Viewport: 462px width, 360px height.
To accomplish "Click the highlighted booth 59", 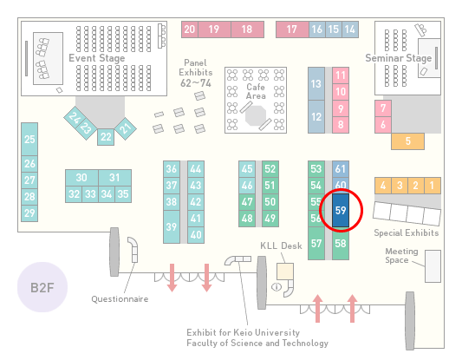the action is pos(341,210).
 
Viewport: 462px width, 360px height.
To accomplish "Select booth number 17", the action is pos(292,29).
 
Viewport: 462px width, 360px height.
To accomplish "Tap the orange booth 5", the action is pos(407,141).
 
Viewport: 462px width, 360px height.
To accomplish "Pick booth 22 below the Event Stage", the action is pos(106,137).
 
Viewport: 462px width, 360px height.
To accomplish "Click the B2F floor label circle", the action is pos(42,287).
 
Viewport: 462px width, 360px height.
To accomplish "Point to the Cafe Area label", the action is pos(256,91).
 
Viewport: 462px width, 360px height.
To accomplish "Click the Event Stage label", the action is pos(96,58).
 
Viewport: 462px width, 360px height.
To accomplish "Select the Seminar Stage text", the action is pos(399,58).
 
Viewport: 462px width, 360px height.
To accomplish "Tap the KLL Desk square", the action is pos(285,272).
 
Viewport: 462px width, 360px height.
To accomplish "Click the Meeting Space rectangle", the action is pos(433,266).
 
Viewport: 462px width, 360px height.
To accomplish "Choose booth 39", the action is pos(172,226).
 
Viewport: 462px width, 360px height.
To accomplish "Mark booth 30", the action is pos(81,178).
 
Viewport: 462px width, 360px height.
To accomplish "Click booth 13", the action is pos(316,84).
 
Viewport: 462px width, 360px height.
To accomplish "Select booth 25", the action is pos(29,139).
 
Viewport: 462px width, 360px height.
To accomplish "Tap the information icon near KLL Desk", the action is pos(277,286).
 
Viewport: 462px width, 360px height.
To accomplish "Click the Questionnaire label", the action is pos(120,299).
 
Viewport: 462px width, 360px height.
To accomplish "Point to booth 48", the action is pos(247,219).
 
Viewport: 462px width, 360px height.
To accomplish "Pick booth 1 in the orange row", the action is pos(433,186).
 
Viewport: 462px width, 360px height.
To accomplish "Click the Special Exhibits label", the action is pos(407,233).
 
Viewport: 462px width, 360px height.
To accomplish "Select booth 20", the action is pos(190,29).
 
